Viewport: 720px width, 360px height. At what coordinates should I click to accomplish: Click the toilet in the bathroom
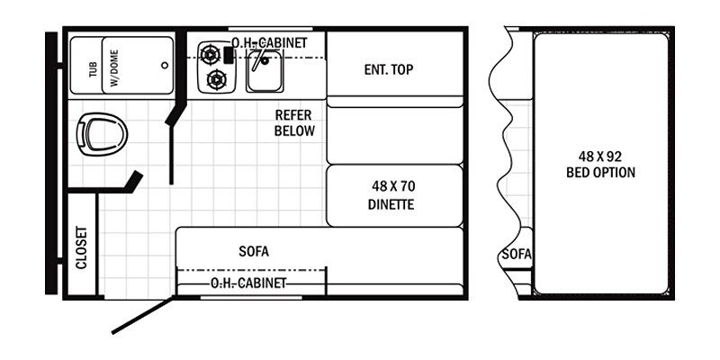[x=102, y=134]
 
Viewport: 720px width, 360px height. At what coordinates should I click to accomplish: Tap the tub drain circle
[x=165, y=65]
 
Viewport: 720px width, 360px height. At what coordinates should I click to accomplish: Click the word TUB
[x=94, y=69]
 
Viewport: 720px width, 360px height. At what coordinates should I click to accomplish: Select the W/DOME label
[x=114, y=68]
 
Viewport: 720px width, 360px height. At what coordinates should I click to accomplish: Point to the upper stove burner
[x=210, y=55]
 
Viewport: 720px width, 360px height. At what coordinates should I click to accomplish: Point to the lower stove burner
[x=216, y=80]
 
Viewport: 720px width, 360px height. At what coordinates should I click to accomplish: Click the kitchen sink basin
[x=265, y=70]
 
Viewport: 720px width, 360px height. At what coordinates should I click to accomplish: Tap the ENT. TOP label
[x=389, y=69]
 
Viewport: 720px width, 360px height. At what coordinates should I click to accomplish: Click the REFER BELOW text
[x=294, y=122]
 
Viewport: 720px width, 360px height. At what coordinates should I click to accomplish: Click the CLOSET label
[x=81, y=247]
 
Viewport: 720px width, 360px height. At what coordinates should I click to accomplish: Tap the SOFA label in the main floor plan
[x=254, y=252]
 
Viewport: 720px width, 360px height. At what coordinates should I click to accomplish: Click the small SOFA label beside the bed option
[x=517, y=254]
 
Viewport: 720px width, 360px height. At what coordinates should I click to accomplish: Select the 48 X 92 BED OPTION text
[x=600, y=165]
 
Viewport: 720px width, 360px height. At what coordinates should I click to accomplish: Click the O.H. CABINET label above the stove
[x=269, y=42]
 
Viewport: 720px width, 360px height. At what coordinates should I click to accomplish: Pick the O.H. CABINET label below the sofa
[x=248, y=283]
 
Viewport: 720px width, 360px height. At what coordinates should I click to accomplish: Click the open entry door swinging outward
[x=143, y=316]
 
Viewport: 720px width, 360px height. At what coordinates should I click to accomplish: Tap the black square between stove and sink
[x=229, y=55]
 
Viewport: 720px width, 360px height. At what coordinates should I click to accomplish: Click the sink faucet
[x=263, y=58]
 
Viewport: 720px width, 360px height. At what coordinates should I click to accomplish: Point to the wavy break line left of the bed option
[x=507, y=161]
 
